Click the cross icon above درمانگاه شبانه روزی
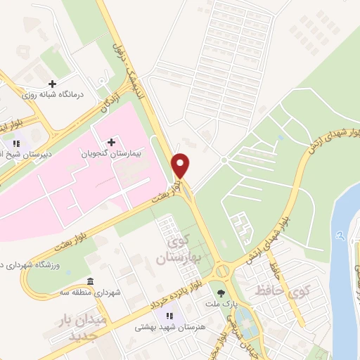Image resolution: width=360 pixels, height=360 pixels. click(52, 84)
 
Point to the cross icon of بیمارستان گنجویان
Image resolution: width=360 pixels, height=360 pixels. click(111, 141)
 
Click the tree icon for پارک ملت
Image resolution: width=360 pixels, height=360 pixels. click(224, 293)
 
